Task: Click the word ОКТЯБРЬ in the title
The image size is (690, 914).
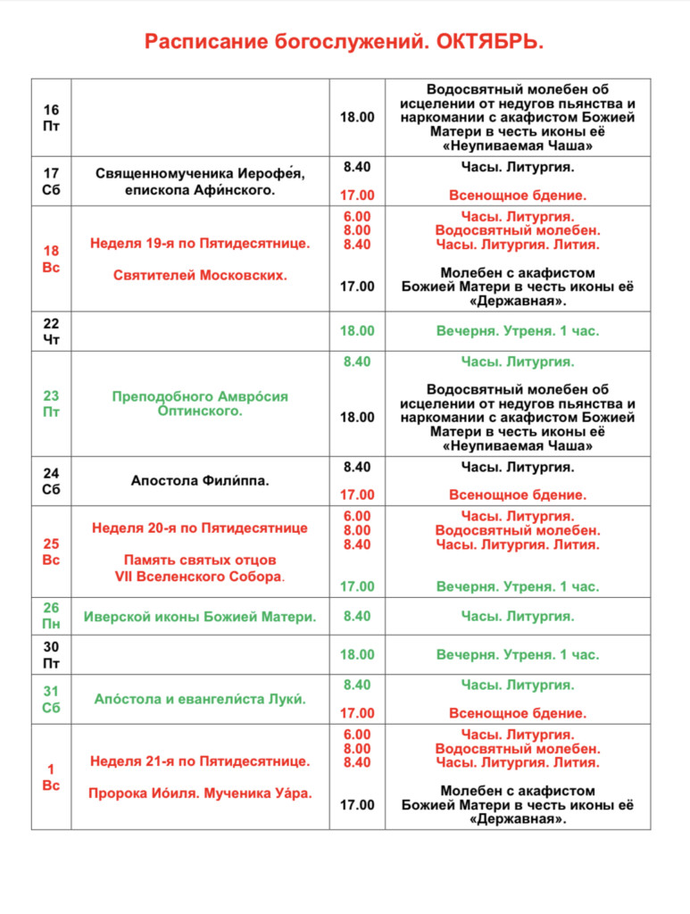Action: click(489, 42)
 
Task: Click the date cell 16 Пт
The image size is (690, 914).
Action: click(51, 117)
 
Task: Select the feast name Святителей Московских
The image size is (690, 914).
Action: click(200, 275)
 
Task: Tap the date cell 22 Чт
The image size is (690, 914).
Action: click(51, 330)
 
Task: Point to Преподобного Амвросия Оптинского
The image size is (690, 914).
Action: click(200, 403)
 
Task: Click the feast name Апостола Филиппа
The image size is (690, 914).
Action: click(200, 480)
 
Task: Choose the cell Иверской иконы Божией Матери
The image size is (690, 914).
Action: click(200, 616)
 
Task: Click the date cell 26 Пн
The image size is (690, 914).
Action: click(51, 616)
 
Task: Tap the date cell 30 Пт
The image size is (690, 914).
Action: click(51, 654)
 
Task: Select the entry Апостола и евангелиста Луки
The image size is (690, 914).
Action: click(200, 699)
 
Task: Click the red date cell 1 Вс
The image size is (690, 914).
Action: click(51, 777)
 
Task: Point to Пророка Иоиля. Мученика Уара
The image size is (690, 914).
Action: click(200, 792)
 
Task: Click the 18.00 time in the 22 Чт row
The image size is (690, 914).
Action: click(357, 330)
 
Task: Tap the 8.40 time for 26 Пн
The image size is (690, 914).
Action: click(357, 616)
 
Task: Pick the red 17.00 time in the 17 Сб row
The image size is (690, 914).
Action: click(357, 195)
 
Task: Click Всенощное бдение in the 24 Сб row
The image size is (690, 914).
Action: click(518, 494)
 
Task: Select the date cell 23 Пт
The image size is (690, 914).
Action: click(51, 403)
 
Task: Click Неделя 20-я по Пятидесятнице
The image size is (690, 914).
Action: click(200, 528)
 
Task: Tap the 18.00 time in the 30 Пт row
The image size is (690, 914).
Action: click(357, 654)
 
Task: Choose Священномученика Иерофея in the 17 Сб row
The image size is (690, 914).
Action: click(200, 173)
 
